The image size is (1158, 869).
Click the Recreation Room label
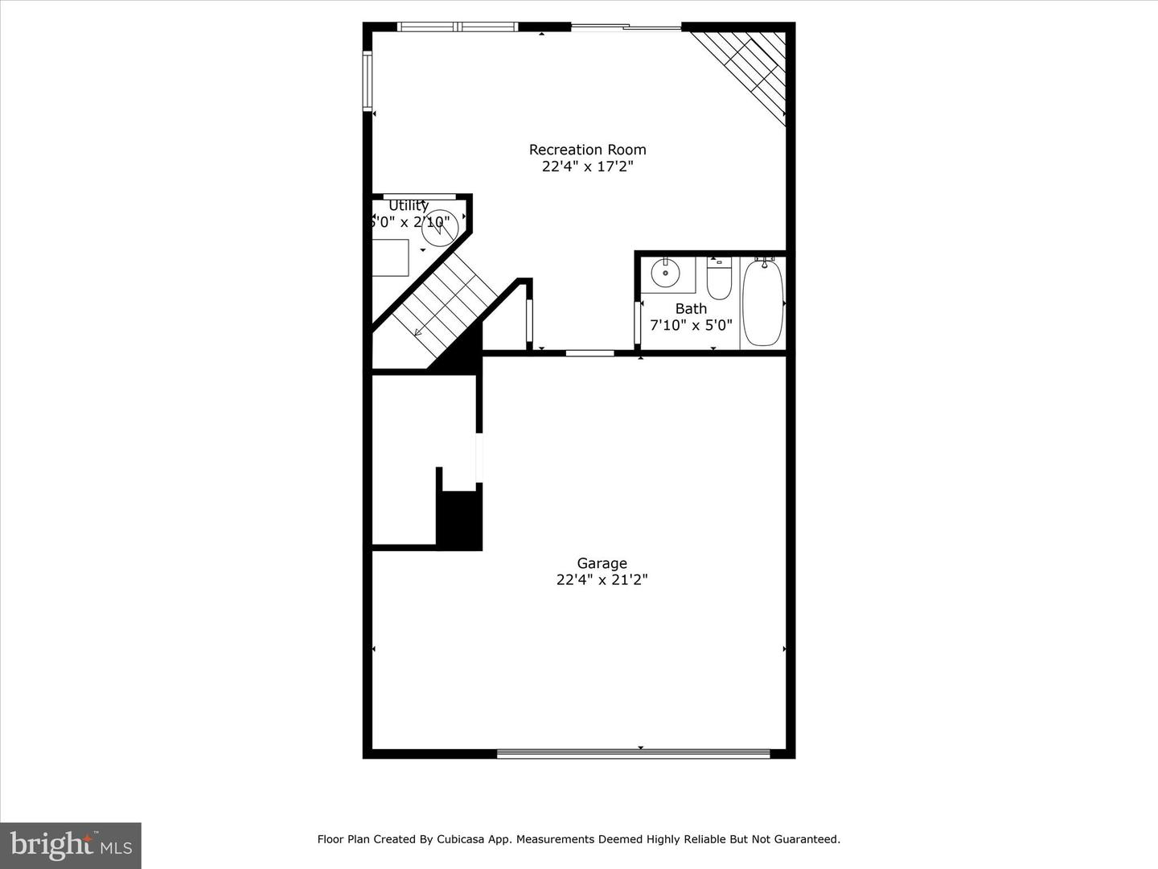pyautogui.click(x=587, y=150)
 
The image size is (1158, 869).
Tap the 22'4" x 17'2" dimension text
pyautogui.click(x=587, y=167)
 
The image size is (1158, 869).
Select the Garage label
pyautogui.click(x=602, y=563)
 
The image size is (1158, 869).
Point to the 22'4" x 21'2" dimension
pyautogui.click(x=602, y=579)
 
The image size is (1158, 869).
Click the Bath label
pyautogui.click(x=691, y=308)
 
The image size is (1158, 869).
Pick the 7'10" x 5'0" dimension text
pyautogui.click(x=691, y=325)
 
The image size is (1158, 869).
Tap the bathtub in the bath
pyautogui.click(x=762, y=303)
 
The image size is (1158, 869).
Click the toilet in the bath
pyautogui.click(x=719, y=278)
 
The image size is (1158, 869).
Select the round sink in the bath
pyautogui.click(x=666, y=273)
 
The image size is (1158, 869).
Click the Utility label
pyautogui.click(x=409, y=205)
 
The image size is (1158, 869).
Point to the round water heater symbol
pyautogui.click(x=441, y=228)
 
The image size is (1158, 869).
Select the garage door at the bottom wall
pyautogui.click(x=633, y=754)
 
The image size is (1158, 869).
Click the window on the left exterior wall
pyautogui.click(x=368, y=80)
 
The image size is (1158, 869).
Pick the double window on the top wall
pyautogui.click(x=458, y=27)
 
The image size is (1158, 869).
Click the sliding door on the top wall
pyautogui.click(x=626, y=27)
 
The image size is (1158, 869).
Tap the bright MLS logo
pyautogui.click(x=71, y=845)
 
